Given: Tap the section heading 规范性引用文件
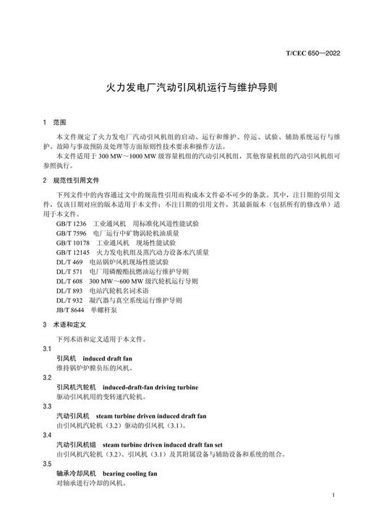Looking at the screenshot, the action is pos(76,180).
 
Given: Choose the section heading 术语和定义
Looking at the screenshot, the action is pos(70,324).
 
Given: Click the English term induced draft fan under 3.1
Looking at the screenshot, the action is pos(108,358).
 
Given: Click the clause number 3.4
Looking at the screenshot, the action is pos(48,435).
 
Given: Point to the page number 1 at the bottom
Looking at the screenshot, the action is pos(332,496).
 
